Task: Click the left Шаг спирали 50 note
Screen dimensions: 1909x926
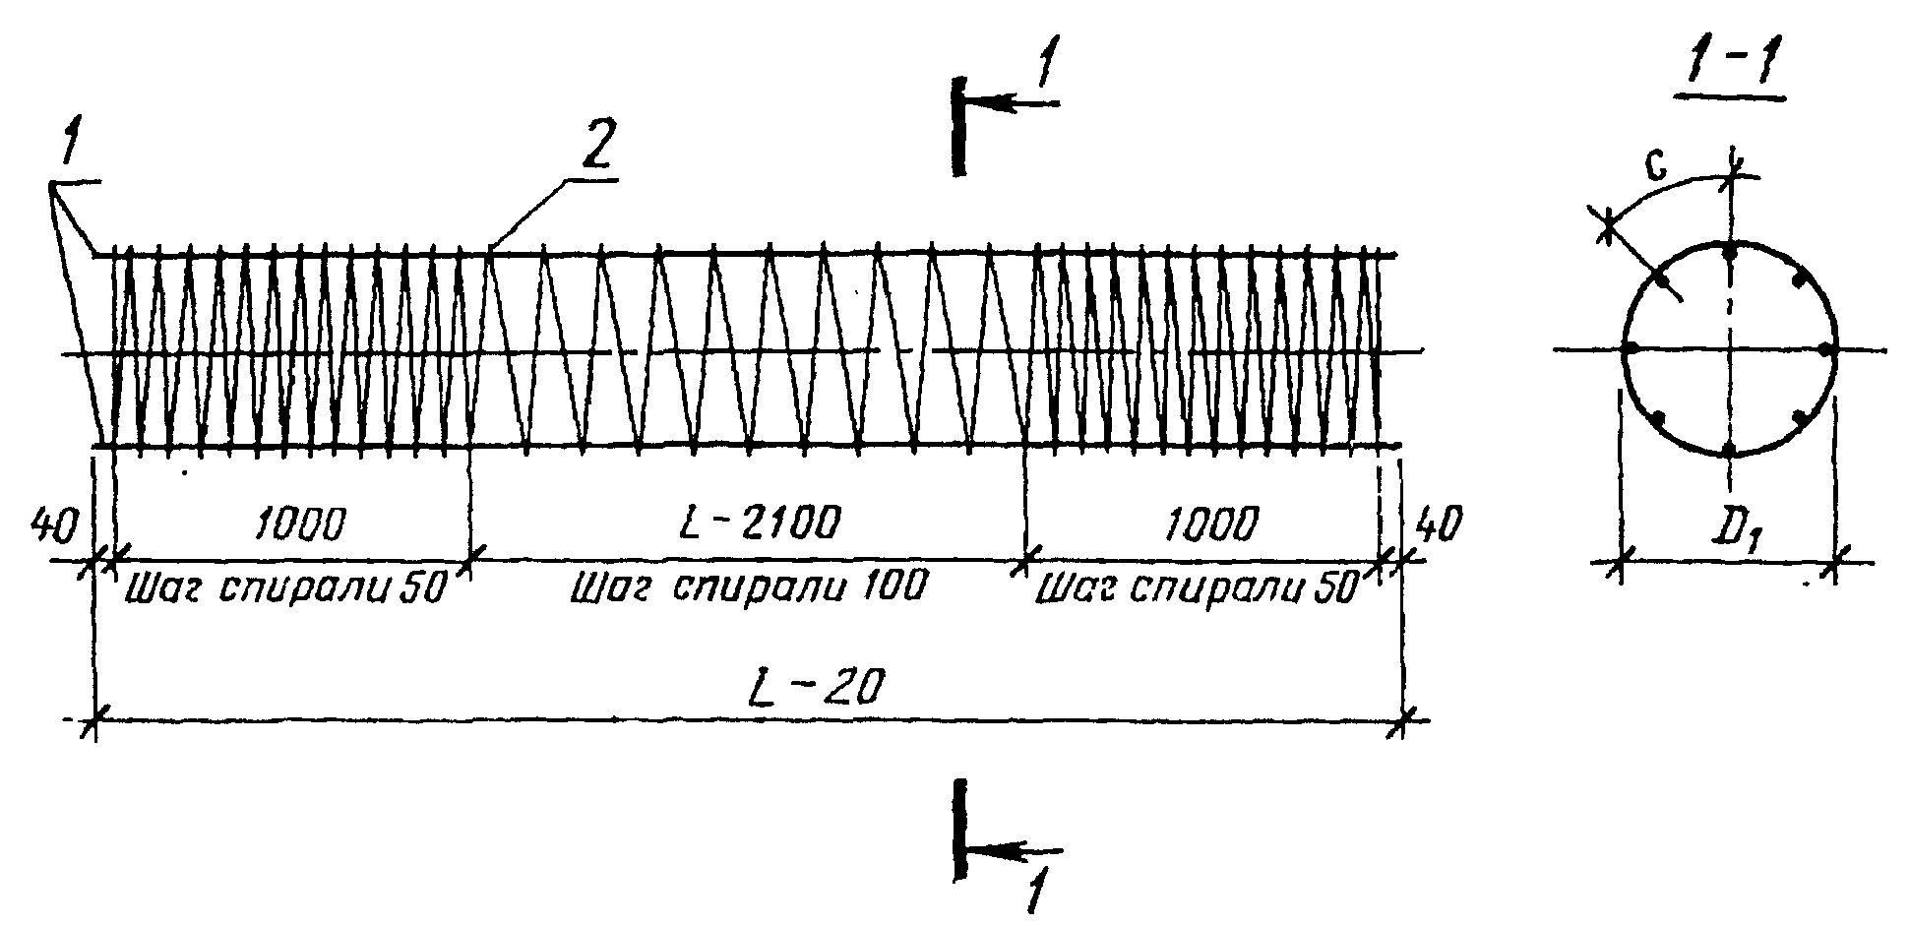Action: click(285, 587)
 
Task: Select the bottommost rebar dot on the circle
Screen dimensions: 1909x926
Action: click(1729, 450)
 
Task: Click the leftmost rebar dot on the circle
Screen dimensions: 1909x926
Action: click(1630, 348)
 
